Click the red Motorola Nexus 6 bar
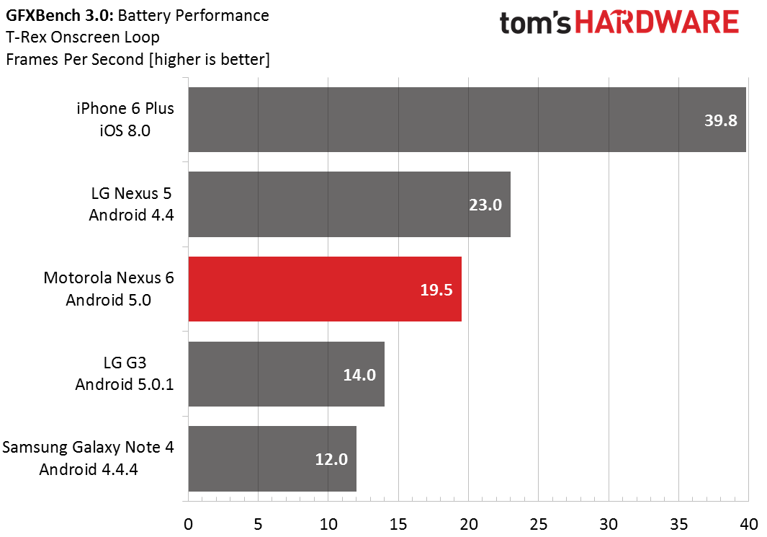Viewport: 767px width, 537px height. (325, 289)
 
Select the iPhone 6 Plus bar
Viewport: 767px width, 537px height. (467, 120)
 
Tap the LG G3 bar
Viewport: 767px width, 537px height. (286, 374)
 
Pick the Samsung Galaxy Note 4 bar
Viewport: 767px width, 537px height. (272, 458)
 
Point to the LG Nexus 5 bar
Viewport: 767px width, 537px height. (349, 204)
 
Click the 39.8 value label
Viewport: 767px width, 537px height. (720, 120)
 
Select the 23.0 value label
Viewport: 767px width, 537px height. (485, 205)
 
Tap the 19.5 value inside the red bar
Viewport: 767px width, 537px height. (436, 290)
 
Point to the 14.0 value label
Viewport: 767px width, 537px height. (359, 375)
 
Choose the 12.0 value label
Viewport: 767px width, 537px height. (331, 460)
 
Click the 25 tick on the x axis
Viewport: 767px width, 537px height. (539, 524)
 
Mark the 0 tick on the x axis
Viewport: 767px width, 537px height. (188, 524)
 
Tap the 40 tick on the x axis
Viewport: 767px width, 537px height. (749, 524)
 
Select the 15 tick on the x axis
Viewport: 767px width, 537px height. (398, 524)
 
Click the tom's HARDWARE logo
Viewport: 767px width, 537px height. (619, 22)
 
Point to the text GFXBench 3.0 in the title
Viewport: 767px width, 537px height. (60, 16)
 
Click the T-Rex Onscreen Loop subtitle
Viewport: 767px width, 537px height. (83, 37)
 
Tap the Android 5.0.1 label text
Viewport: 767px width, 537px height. (125, 384)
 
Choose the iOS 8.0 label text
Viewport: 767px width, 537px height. (125, 130)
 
